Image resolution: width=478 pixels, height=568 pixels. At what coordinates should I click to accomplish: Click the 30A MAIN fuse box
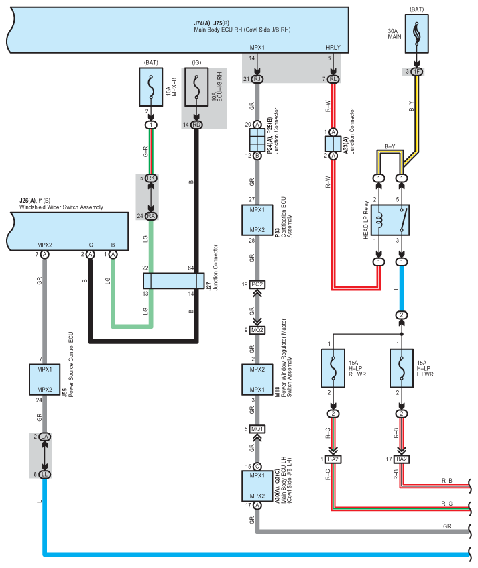point(416,34)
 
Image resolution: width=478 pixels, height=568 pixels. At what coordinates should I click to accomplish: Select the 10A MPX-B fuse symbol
point(151,87)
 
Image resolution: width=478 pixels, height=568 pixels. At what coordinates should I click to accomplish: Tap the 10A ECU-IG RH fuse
point(196,87)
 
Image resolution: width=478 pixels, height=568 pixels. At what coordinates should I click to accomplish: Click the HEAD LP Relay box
point(390,220)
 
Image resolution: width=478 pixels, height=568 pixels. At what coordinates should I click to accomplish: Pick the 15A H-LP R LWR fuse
point(333,368)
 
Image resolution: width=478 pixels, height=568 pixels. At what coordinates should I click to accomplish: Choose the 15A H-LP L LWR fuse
point(401,368)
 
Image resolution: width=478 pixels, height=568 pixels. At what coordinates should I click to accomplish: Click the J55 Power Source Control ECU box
point(44,380)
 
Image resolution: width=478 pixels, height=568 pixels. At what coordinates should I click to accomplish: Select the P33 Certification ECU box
point(257,220)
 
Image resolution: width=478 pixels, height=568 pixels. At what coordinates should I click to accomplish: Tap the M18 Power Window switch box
point(257,380)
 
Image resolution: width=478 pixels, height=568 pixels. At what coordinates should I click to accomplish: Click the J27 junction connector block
point(174,281)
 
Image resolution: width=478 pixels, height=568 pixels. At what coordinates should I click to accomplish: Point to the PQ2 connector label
point(257,284)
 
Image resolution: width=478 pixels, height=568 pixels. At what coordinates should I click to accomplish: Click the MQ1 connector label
point(257,429)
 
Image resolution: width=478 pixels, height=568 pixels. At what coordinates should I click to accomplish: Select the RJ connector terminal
point(257,79)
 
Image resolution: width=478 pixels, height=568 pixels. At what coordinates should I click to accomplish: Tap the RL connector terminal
point(333,79)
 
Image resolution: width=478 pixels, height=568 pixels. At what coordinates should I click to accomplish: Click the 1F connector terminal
point(416,72)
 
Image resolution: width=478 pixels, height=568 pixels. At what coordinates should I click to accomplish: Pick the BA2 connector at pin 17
point(401,459)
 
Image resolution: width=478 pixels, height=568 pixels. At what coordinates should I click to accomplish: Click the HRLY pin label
point(333,48)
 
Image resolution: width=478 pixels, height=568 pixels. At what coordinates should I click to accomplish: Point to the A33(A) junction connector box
point(333,144)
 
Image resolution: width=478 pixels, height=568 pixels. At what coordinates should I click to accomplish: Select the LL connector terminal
point(44,475)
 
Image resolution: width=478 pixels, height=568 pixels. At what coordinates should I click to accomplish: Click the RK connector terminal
point(151,178)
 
